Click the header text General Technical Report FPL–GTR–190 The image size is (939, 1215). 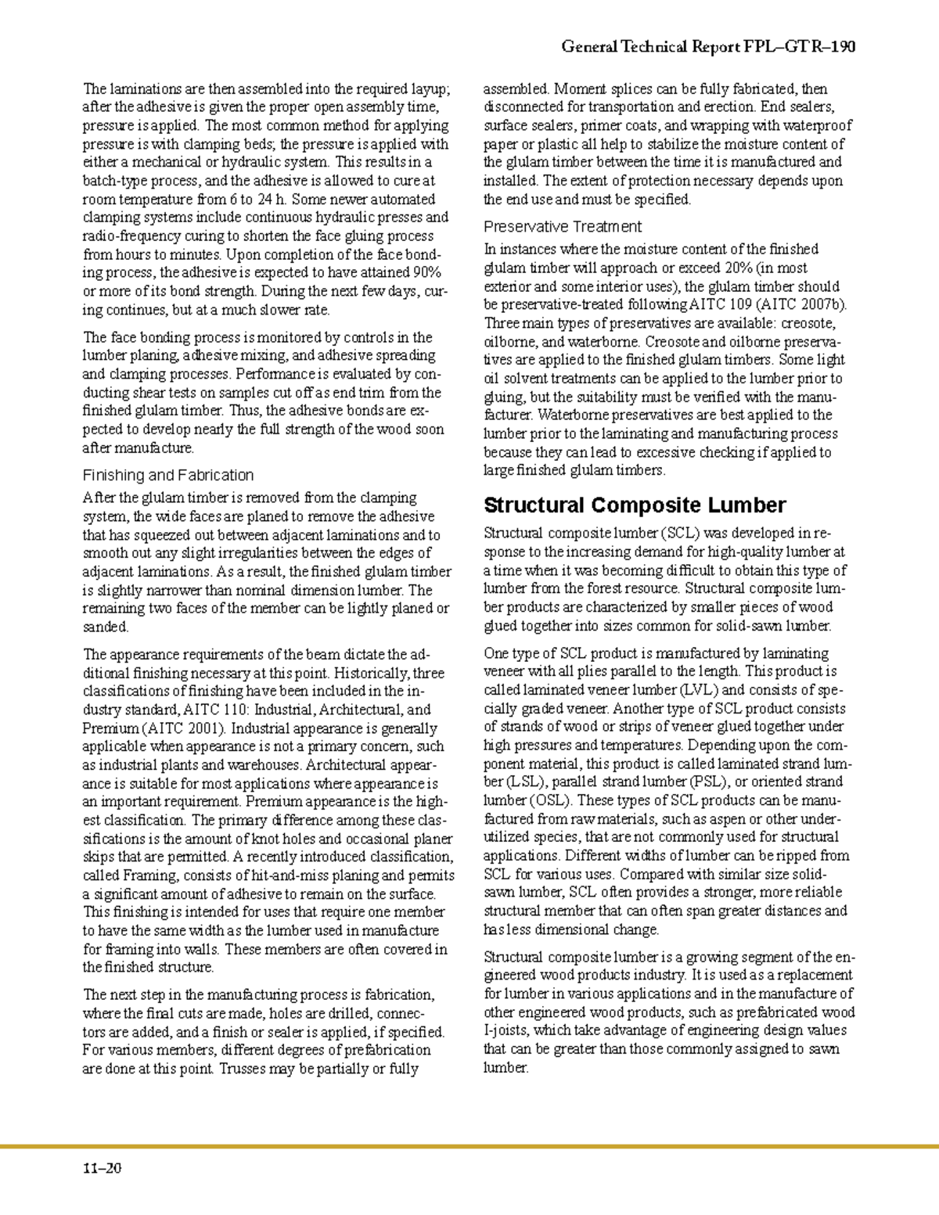coord(708,47)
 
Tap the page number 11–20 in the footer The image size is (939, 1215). coord(103,1170)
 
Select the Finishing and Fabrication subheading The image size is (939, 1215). coord(168,475)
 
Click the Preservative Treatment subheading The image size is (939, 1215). coord(562,227)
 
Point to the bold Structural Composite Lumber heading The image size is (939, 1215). coord(635,505)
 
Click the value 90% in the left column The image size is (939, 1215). coord(426,273)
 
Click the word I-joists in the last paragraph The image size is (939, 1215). coord(506,1030)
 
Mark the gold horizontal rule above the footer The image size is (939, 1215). coord(469,1147)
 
